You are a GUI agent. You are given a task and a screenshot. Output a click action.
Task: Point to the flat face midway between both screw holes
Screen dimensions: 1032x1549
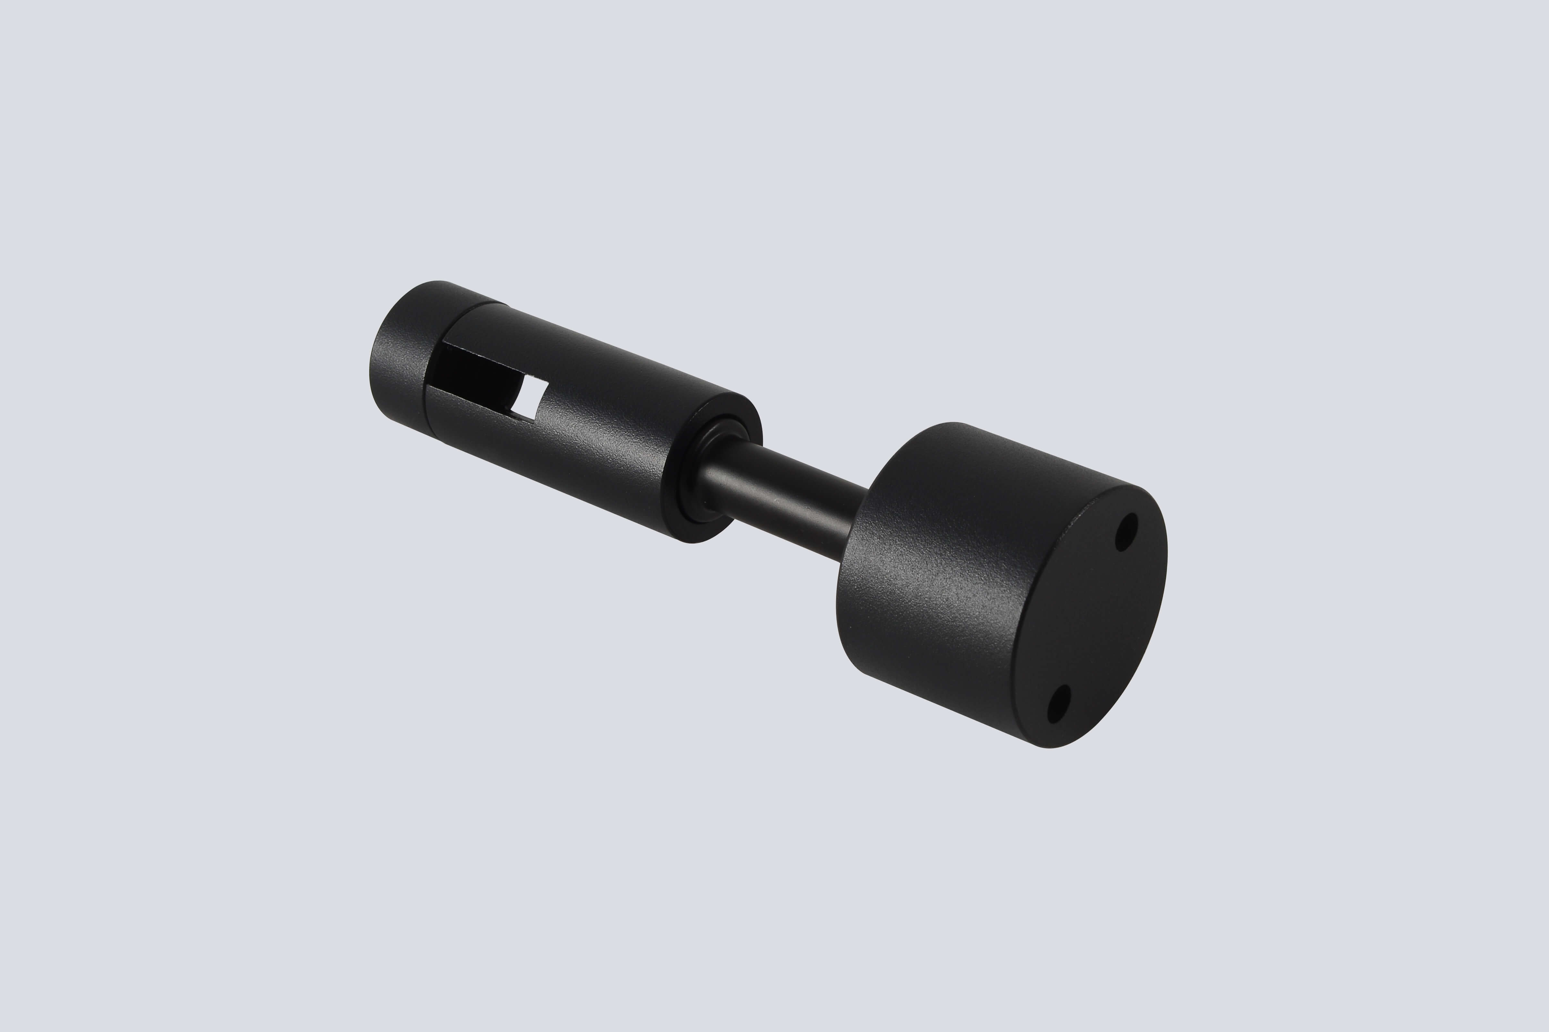pyautogui.click(x=1093, y=619)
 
